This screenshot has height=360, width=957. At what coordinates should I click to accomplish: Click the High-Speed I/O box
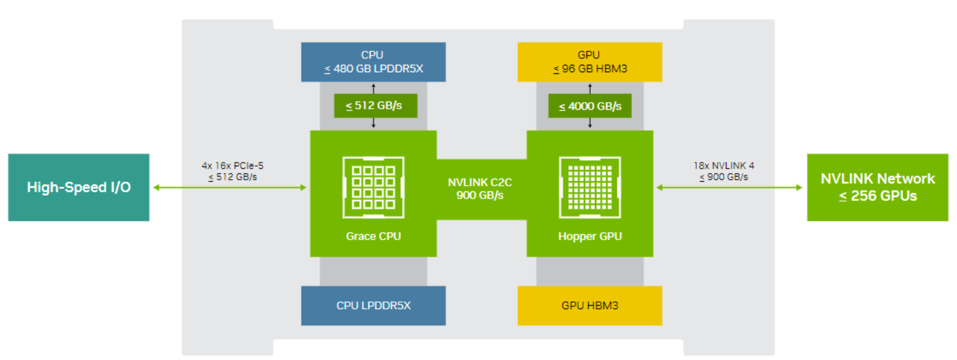78,187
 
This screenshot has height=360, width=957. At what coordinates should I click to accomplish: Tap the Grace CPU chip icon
373,188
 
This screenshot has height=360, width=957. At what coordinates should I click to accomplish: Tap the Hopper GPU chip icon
589,188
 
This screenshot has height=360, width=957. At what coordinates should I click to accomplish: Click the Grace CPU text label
373,236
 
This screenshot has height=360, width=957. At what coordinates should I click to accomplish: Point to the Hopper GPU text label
589,236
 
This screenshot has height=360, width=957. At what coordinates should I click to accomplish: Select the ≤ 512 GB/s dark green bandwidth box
373,106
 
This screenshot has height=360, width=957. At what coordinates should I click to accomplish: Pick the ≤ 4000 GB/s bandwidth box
589,106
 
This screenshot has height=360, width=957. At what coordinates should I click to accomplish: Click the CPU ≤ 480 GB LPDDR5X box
373,62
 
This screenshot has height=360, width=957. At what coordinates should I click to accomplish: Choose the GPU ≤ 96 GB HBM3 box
589,62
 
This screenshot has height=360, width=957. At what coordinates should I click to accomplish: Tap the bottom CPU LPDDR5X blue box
373,305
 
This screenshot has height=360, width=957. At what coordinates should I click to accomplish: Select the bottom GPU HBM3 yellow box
589,305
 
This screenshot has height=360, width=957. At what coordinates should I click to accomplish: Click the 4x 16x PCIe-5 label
229,166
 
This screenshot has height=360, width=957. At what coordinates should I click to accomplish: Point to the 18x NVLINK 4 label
728,166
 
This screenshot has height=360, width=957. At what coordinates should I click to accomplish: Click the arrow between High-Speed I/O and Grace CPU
229,188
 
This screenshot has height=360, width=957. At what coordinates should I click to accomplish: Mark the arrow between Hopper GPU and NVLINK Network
728,188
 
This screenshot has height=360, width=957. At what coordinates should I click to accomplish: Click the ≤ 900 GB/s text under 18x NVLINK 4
728,177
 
